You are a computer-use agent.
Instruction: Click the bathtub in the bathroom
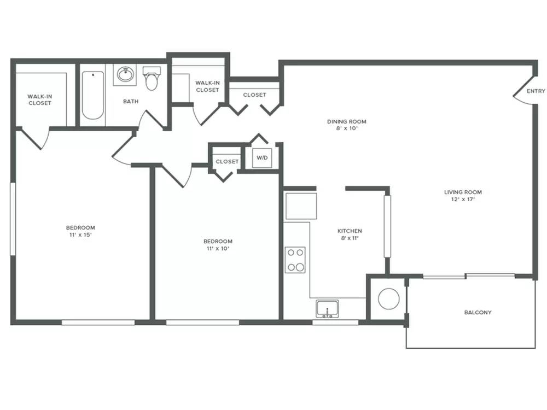click(93, 95)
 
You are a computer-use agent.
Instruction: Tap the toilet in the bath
click(152, 78)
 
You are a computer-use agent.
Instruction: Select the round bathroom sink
click(125, 74)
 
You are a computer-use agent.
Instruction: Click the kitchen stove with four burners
click(295, 260)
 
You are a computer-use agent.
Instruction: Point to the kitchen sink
click(327, 309)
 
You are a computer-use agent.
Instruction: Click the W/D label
click(262, 157)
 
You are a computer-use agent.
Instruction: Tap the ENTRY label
click(536, 91)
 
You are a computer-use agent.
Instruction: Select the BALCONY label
click(478, 312)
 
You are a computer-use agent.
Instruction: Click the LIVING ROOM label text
click(463, 192)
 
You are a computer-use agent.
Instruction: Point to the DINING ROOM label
click(347, 122)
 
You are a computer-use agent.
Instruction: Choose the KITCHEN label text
click(350, 231)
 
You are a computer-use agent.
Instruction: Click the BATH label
click(131, 102)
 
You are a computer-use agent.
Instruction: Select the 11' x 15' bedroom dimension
click(80, 235)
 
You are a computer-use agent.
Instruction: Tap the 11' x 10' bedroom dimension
click(218, 249)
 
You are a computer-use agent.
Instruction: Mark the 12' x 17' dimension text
click(463, 200)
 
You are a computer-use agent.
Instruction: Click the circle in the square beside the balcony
click(388, 299)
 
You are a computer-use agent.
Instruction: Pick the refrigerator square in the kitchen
click(301, 206)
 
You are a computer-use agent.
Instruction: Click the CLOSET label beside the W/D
click(227, 161)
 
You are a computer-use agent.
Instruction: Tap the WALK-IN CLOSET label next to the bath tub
click(40, 99)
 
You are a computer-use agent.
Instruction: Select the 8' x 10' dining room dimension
click(347, 128)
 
